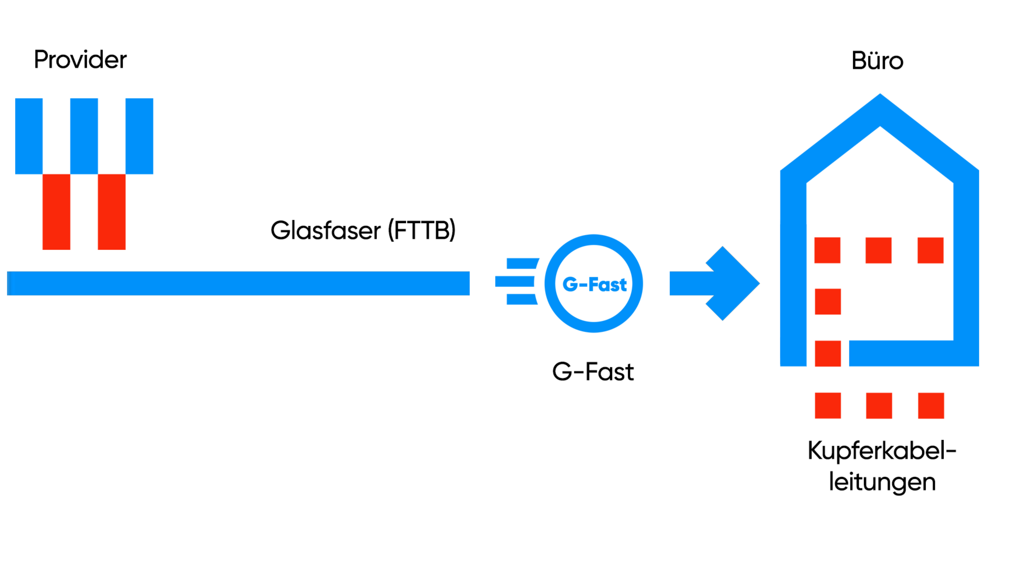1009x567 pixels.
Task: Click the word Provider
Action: point(80,59)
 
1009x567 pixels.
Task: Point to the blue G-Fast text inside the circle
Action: point(594,284)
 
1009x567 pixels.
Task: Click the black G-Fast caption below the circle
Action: point(593,371)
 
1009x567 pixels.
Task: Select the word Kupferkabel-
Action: point(882,451)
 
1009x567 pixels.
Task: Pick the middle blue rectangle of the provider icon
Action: point(84,136)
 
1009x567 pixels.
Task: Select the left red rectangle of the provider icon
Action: point(56,212)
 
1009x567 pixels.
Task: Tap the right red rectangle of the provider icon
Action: point(112,212)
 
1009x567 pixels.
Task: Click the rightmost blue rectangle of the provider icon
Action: point(139,136)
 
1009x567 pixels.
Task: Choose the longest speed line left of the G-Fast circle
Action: point(514,281)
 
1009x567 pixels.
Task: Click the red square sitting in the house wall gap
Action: point(828,353)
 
